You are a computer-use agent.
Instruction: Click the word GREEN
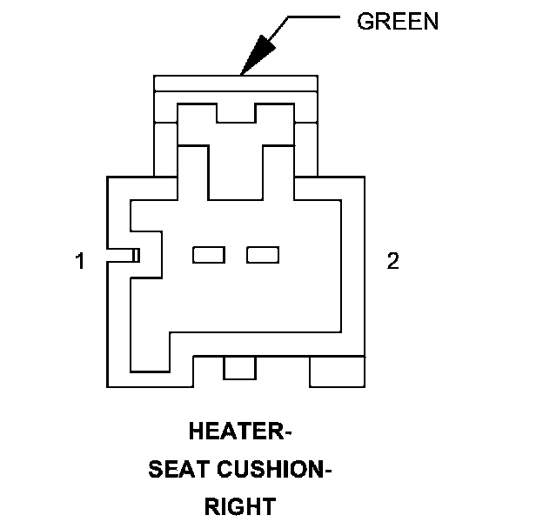pyautogui.click(x=398, y=22)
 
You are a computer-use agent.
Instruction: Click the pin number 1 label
pyautogui.click(x=79, y=261)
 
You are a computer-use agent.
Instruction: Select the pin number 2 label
pyautogui.click(x=392, y=261)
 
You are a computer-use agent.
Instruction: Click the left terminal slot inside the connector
pyautogui.click(x=209, y=254)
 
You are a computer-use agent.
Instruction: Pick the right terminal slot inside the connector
pyautogui.click(x=263, y=254)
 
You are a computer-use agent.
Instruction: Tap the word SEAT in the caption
pyautogui.click(x=178, y=470)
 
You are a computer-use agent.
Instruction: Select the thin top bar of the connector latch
pyautogui.click(x=235, y=83)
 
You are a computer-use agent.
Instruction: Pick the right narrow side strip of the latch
pyautogui.click(x=306, y=148)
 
